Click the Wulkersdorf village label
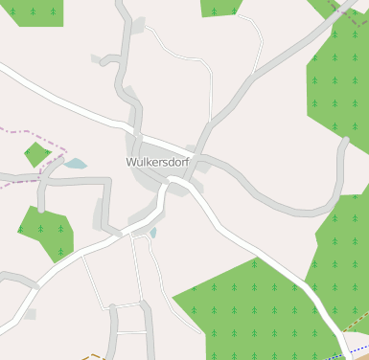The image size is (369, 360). [x=158, y=163]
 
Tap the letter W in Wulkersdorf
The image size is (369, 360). [x=131, y=163]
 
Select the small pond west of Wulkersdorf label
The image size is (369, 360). [x=75, y=164]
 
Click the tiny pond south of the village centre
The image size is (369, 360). [x=152, y=232]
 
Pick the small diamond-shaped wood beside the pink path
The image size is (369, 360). [x=36, y=153]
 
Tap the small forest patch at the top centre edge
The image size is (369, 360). [x=219, y=7]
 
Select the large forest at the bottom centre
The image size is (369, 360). [x=254, y=306]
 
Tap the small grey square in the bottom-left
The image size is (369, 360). [x=30, y=314]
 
